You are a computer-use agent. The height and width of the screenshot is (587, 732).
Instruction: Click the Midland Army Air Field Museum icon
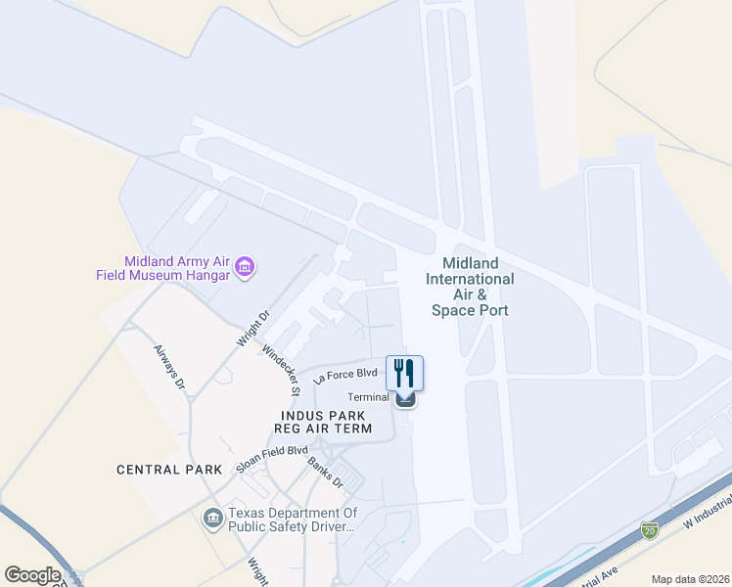tap(245, 266)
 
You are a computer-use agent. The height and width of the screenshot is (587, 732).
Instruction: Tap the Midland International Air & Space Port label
tap(470, 287)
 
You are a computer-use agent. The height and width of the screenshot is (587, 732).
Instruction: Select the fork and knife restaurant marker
tap(404, 372)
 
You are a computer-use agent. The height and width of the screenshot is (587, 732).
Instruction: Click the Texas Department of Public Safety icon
tap(212, 518)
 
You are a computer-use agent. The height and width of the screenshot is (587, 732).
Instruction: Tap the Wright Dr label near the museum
tap(252, 329)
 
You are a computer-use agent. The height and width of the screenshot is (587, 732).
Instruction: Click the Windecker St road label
tap(281, 368)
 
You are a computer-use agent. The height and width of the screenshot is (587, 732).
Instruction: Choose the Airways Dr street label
tap(167, 365)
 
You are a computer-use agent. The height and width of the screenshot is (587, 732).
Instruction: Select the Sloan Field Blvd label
tap(271, 458)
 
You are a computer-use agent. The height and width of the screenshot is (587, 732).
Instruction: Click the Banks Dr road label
tap(326, 473)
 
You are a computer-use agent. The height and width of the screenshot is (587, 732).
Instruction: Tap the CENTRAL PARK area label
tap(162, 470)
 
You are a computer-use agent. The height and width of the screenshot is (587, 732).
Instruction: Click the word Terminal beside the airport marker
tap(370, 397)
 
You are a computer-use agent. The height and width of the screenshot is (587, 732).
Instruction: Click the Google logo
tap(32, 574)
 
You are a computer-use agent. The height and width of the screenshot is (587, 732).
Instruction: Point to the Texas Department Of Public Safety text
tap(293, 519)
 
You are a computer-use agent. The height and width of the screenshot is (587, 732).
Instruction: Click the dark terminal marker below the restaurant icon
tap(406, 397)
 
